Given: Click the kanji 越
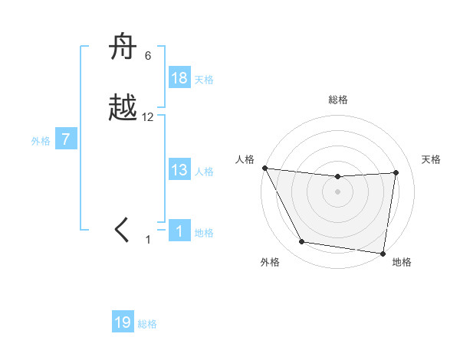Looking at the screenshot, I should [x=124, y=109].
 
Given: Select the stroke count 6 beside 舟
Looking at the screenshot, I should [x=148, y=55].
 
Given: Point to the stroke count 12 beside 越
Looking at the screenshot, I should [x=148, y=117].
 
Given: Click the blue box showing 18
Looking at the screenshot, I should [x=179, y=78].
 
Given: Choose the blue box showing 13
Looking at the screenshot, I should [x=179, y=170].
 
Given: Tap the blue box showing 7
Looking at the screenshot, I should [x=66, y=139].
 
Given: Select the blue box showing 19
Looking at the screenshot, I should [x=123, y=322].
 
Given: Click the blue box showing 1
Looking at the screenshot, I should [x=179, y=231].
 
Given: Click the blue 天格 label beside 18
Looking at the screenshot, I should [x=204, y=80].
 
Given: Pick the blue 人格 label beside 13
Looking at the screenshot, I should [x=204, y=172].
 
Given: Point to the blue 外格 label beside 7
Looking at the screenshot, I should [x=41, y=141].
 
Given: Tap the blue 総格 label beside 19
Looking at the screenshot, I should [x=147, y=324].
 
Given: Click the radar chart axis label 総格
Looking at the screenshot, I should [x=338, y=100].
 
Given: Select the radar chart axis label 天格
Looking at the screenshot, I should [x=432, y=159].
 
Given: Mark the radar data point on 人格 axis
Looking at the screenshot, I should [x=264, y=168].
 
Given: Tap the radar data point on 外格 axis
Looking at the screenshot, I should [x=301, y=243].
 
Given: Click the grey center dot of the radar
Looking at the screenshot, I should [x=338, y=191].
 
